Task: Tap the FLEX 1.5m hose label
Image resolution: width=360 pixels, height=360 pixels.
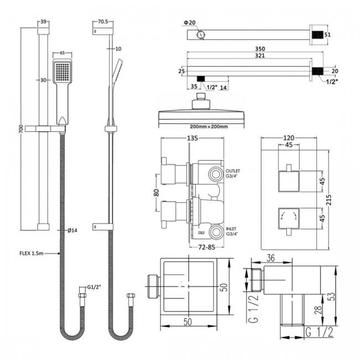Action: pos(31,254)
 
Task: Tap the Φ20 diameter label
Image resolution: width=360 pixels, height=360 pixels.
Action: pos(189,23)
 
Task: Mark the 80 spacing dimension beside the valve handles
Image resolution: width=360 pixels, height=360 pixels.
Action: pos(157,194)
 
